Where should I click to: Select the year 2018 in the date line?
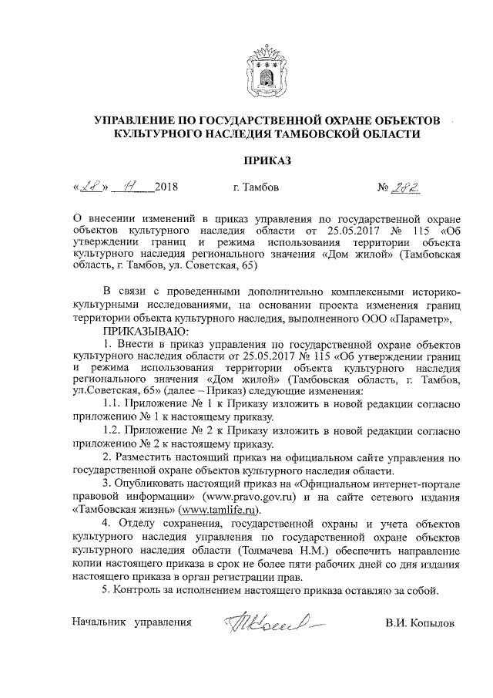pos(166,187)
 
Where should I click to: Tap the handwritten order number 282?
pos(408,186)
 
